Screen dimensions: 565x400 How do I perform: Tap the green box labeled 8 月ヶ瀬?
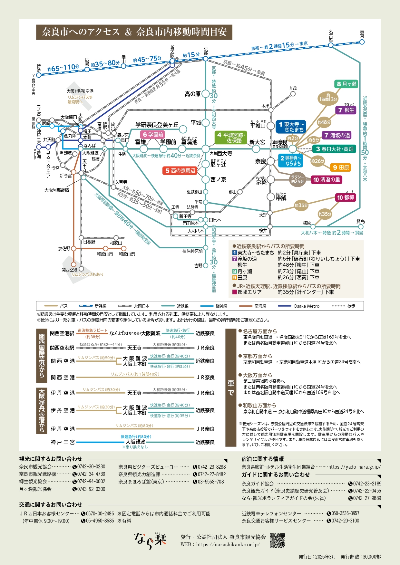click(x=346, y=84)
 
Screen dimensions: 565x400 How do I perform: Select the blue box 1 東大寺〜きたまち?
click(x=291, y=127)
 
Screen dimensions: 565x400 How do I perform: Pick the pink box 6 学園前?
click(x=153, y=134)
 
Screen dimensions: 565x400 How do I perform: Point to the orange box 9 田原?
click(x=341, y=168)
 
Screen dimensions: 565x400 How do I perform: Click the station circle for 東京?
click(x=362, y=42)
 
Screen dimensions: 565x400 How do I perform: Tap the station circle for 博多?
click(x=39, y=75)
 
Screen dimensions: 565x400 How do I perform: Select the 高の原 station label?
click(x=192, y=94)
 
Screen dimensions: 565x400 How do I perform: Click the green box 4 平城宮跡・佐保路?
click(x=231, y=138)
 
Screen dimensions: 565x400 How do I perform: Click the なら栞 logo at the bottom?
click(x=150, y=541)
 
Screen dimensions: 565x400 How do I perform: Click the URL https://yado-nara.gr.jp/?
click(x=354, y=467)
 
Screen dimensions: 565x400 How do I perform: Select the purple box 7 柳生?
click(x=346, y=110)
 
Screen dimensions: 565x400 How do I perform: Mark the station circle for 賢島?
click(x=361, y=227)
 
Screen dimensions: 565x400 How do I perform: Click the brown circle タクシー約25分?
click(x=298, y=179)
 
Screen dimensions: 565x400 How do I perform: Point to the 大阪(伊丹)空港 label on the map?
click(x=80, y=91)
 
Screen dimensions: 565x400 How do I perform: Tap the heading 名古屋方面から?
click(x=259, y=331)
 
